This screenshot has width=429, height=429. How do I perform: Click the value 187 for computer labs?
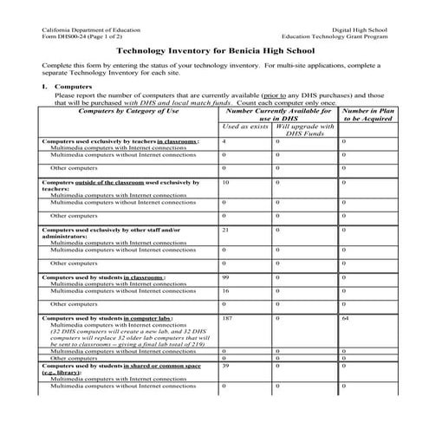pyautogui.click(x=228, y=319)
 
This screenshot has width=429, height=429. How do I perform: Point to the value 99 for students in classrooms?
pyautogui.click(x=225, y=277)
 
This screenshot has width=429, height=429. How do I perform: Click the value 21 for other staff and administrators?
pyautogui.click(x=225, y=230)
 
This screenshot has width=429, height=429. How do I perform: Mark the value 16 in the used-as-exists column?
pyautogui.click(x=225, y=291)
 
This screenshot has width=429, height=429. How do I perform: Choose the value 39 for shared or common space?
pyautogui.click(x=225, y=367)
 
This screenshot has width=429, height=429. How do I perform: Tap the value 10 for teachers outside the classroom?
pyautogui.click(x=225, y=183)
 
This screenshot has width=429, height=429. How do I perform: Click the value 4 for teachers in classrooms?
pyautogui.click(x=224, y=140)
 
